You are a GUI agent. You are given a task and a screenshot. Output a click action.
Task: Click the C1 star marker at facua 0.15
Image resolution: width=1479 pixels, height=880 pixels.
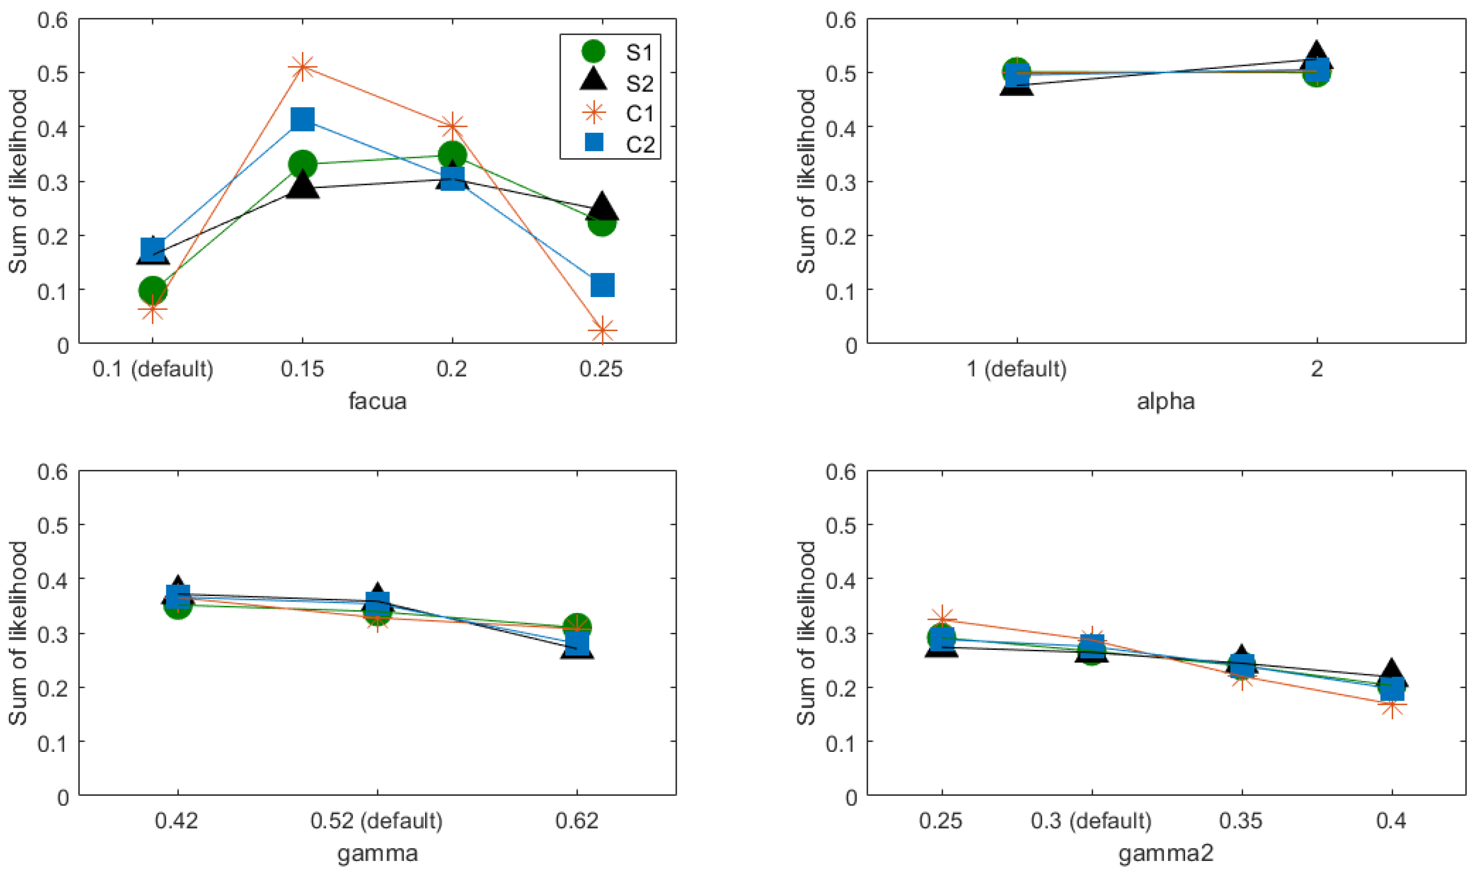(302, 66)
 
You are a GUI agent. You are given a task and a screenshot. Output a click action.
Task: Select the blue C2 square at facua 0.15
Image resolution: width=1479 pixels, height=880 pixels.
(302, 120)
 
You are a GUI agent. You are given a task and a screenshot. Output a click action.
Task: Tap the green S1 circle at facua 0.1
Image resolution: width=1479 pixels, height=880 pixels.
(152, 290)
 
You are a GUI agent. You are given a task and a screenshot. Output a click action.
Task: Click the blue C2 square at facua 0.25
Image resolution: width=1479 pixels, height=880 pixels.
(603, 285)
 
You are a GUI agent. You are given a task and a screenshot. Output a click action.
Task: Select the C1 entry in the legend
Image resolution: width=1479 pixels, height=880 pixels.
(639, 114)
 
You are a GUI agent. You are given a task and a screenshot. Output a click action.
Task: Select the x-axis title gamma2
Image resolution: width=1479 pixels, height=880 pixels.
(1166, 853)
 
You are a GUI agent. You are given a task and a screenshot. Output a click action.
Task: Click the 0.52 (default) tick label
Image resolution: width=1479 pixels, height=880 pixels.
(377, 821)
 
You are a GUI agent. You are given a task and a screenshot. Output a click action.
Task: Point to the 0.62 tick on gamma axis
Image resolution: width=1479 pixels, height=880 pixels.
(577, 821)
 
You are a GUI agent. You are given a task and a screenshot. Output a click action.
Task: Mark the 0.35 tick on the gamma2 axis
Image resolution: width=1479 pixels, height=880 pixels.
(1241, 821)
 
